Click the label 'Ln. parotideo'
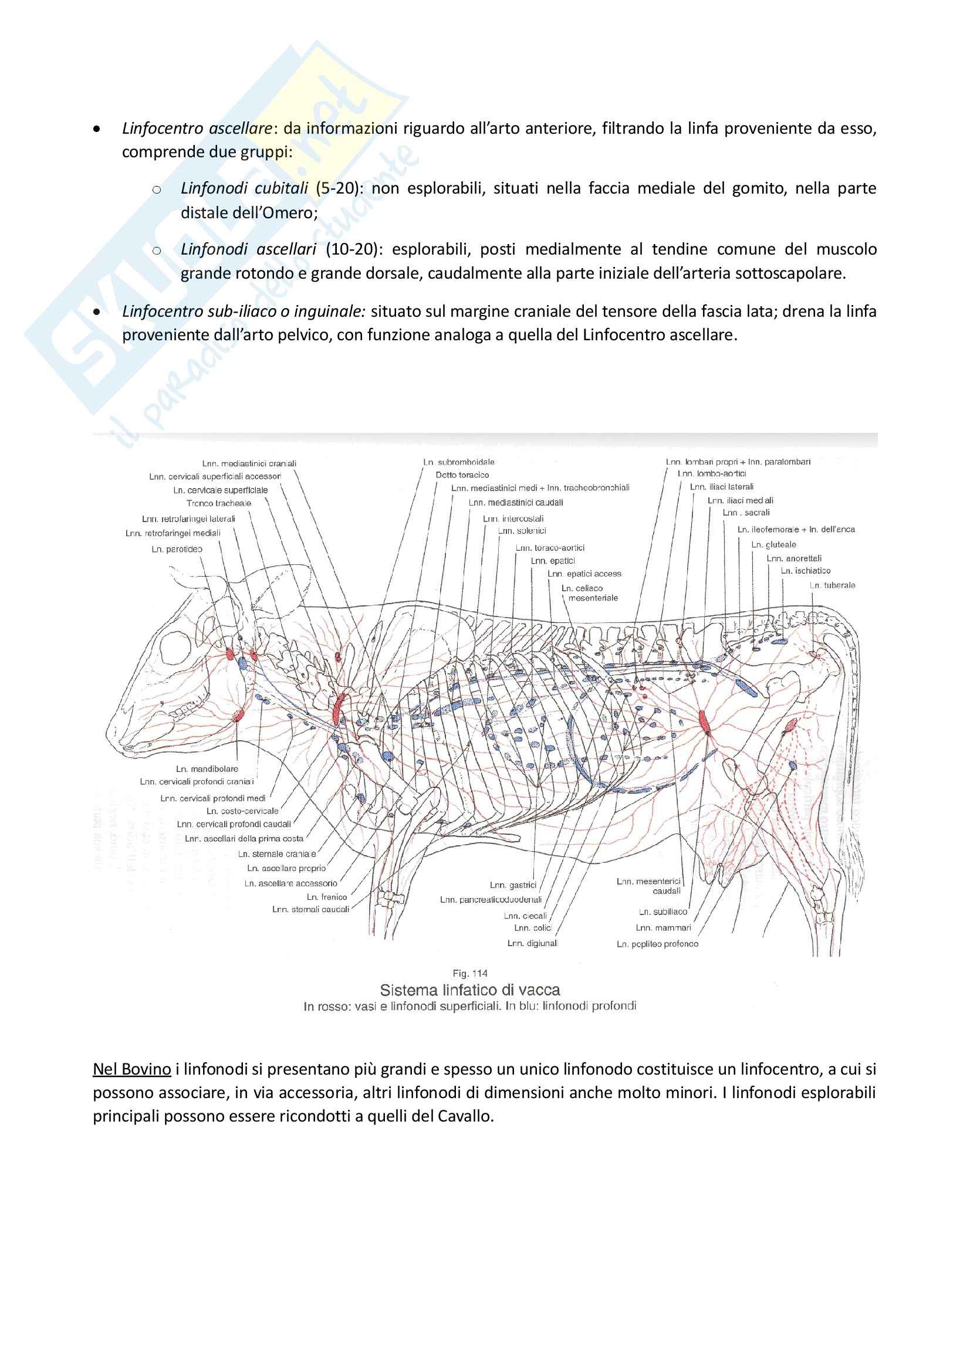[177, 549]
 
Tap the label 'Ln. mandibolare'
[207, 769]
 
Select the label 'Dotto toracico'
[462, 475]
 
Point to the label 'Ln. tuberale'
[833, 585]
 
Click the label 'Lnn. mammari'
[664, 928]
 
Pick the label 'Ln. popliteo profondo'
[657, 944]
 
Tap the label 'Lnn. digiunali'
[532, 944]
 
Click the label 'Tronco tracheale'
[219, 504]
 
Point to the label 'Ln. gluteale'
[774, 545]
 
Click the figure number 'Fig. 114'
[470, 974]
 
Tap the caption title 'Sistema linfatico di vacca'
[470, 990]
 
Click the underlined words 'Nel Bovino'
[132, 1069]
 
